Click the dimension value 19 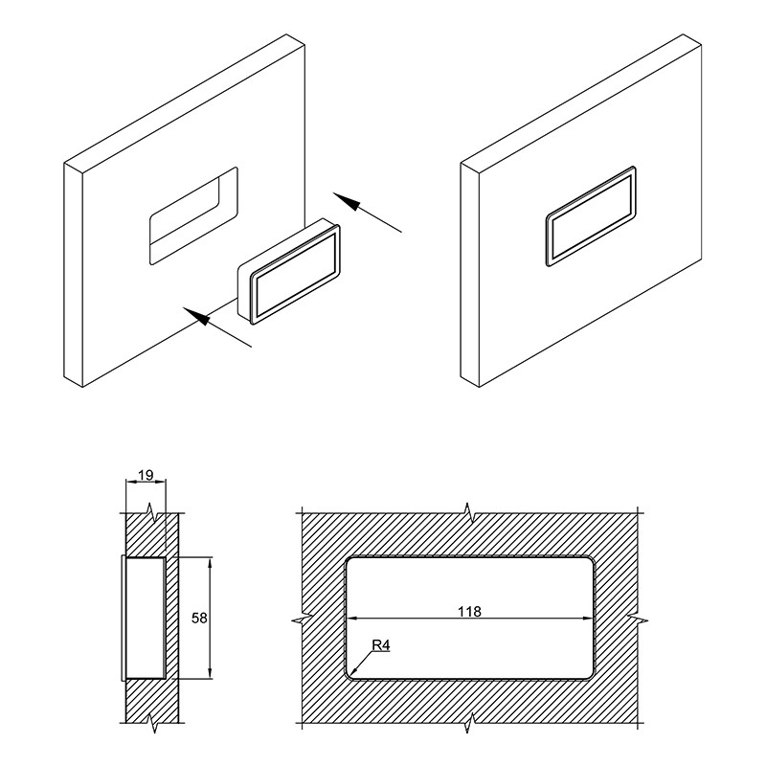[x=146, y=474]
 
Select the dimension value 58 [x=199, y=618]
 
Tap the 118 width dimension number [x=469, y=611]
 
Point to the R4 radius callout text [x=381, y=645]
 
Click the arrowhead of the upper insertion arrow [x=348, y=201]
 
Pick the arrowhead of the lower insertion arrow [x=196, y=316]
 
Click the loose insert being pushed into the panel [x=289, y=271]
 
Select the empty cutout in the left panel [x=193, y=215]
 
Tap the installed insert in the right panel [x=591, y=216]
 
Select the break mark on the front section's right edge [x=638, y=620]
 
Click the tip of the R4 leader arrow [x=350, y=675]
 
